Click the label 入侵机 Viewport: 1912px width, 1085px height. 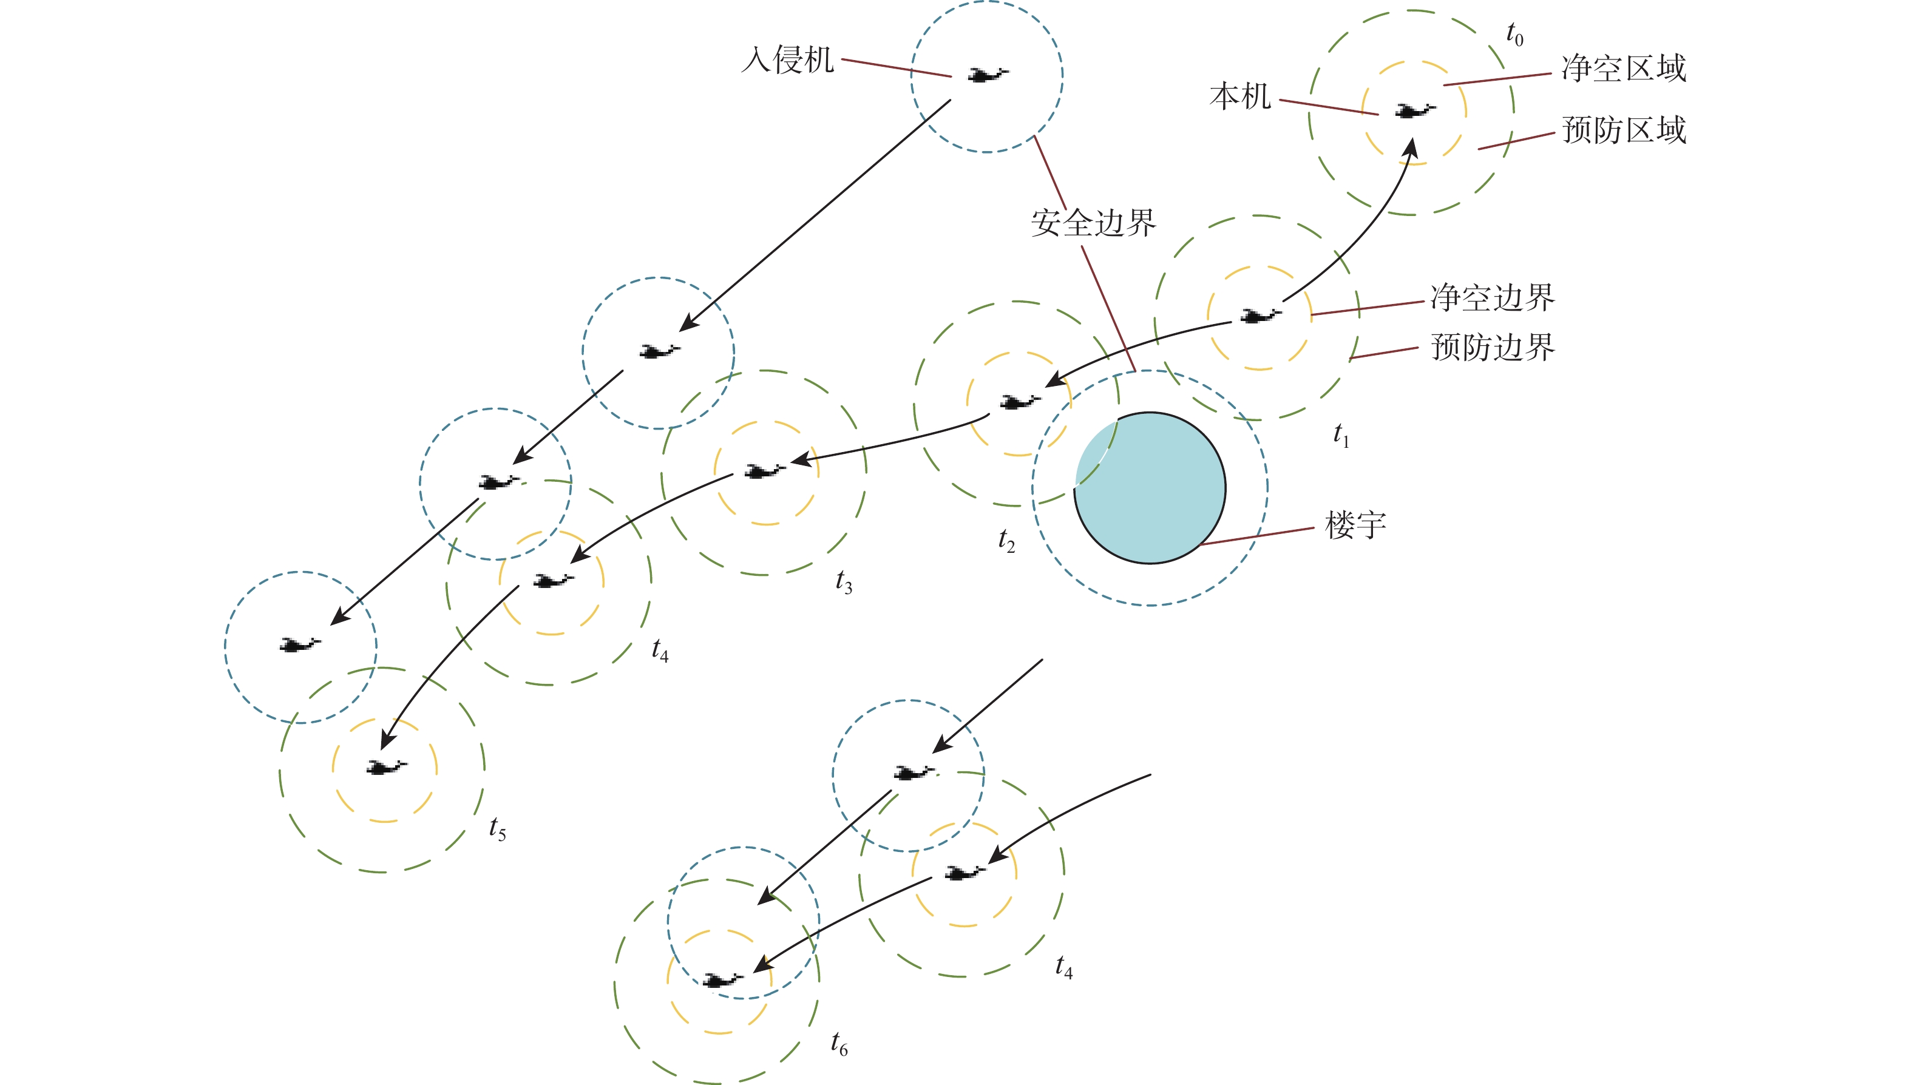pos(787,59)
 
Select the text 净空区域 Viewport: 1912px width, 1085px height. pos(1624,69)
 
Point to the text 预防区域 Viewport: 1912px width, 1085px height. pos(1624,130)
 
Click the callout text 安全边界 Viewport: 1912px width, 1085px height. pos(1094,223)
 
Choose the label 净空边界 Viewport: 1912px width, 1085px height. pos(1493,298)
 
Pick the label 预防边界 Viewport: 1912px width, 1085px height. pos(1493,347)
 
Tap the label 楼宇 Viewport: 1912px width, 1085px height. pos(1355,526)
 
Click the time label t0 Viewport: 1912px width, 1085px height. pos(1514,34)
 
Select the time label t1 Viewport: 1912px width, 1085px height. pos(1341,434)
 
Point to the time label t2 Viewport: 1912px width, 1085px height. pos(1006,540)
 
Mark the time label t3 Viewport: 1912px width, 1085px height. pos(844,581)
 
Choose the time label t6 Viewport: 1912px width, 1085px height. pos(839,1043)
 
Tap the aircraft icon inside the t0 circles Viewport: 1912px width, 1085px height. pos(1414,111)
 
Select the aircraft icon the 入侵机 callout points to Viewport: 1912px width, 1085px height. pos(988,75)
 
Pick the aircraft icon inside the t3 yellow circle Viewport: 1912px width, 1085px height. pos(765,471)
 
